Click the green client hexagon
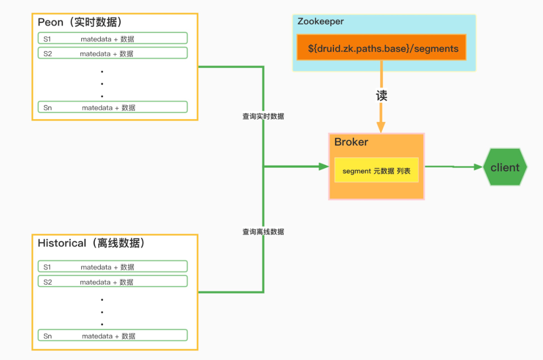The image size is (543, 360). pyautogui.click(x=505, y=167)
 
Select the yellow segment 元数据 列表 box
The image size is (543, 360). pyautogui.click(x=377, y=170)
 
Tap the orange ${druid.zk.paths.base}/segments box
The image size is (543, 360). pyautogui.click(x=381, y=47)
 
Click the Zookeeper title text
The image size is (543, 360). pyautogui.click(x=320, y=22)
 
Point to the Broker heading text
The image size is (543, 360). pyautogui.click(x=351, y=142)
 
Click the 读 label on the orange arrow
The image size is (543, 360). pyautogui.click(x=381, y=96)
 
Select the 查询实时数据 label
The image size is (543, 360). pyautogui.click(x=263, y=116)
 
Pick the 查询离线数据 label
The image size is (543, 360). pyautogui.click(x=263, y=232)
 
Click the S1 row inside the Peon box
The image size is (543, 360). pyautogui.click(x=113, y=38)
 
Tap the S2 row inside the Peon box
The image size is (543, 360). pyautogui.click(x=113, y=53)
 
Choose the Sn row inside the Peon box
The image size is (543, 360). pyautogui.click(x=113, y=107)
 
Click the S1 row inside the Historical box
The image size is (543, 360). pyautogui.click(x=113, y=266)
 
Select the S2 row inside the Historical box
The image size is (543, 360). pyautogui.click(x=113, y=282)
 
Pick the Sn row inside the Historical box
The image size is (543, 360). pyautogui.click(x=113, y=335)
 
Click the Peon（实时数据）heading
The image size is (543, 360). pyautogui.click(x=80, y=22)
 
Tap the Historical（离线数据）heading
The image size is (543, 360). pyautogui.click(x=92, y=243)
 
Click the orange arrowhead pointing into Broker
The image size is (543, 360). pyautogui.click(x=381, y=127)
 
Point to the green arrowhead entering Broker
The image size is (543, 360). pyautogui.click(x=324, y=166)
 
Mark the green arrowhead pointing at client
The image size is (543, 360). pyautogui.click(x=478, y=167)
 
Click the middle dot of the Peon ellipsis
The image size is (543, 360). pyautogui.click(x=102, y=84)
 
